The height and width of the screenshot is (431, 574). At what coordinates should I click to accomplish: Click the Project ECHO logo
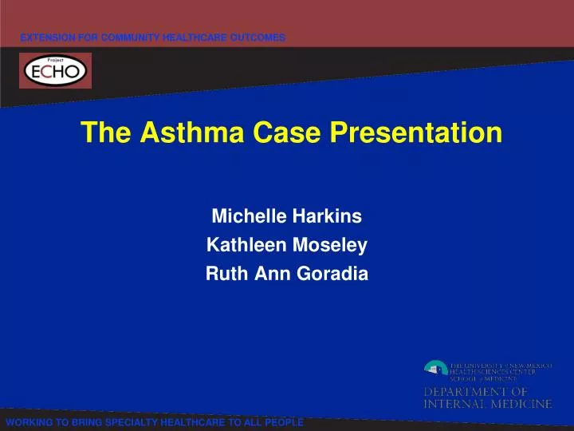(x=55, y=71)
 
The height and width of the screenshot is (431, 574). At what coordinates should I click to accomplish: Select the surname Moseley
(x=324, y=246)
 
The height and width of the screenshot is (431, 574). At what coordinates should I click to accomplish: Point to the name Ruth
(x=223, y=275)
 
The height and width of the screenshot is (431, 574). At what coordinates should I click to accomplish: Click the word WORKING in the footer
(x=28, y=422)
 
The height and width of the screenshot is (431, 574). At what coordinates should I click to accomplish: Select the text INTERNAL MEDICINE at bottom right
(x=487, y=404)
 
